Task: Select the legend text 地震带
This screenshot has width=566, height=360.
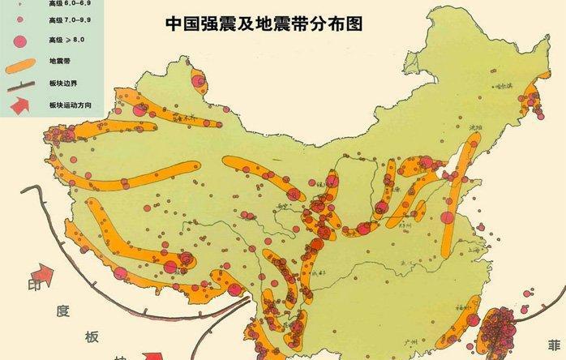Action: coord(61,60)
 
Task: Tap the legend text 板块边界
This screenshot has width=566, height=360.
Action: coord(66,83)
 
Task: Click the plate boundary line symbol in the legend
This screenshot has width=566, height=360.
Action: coord(22,83)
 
